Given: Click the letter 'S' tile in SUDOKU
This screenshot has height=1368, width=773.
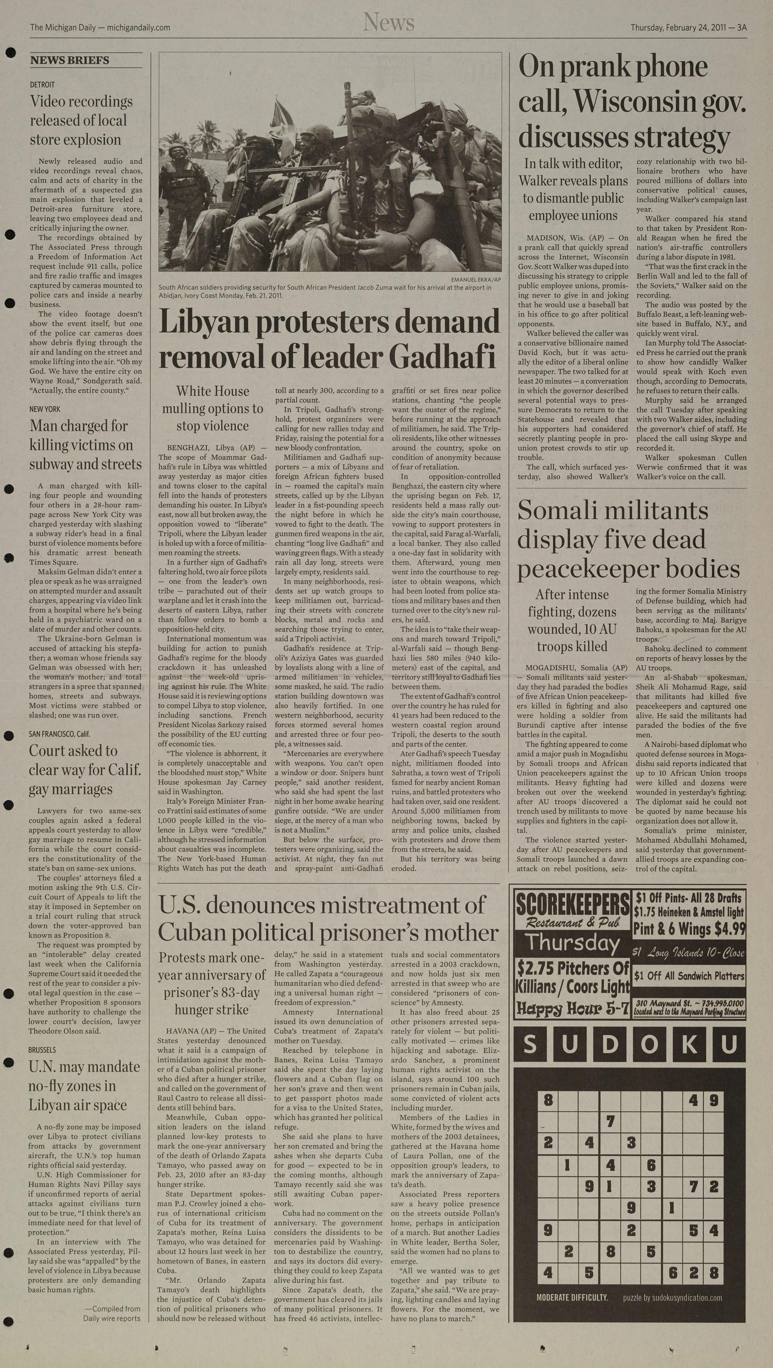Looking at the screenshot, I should coord(530,1045).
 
